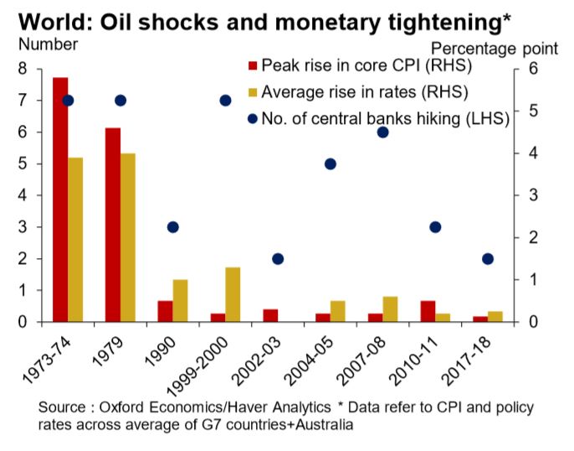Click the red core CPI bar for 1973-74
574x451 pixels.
pos(60,200)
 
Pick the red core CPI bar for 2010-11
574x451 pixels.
pos(427,311)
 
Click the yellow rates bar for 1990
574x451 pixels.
pos(182,300)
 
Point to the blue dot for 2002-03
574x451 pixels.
pos(278,259)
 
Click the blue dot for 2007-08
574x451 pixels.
pos(382,132)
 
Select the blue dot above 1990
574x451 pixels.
pos(173,227)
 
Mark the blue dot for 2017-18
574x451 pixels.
pos(488,259)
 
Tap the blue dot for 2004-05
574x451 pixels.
pos(331,163)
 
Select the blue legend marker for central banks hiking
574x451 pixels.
pos(251,119)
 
